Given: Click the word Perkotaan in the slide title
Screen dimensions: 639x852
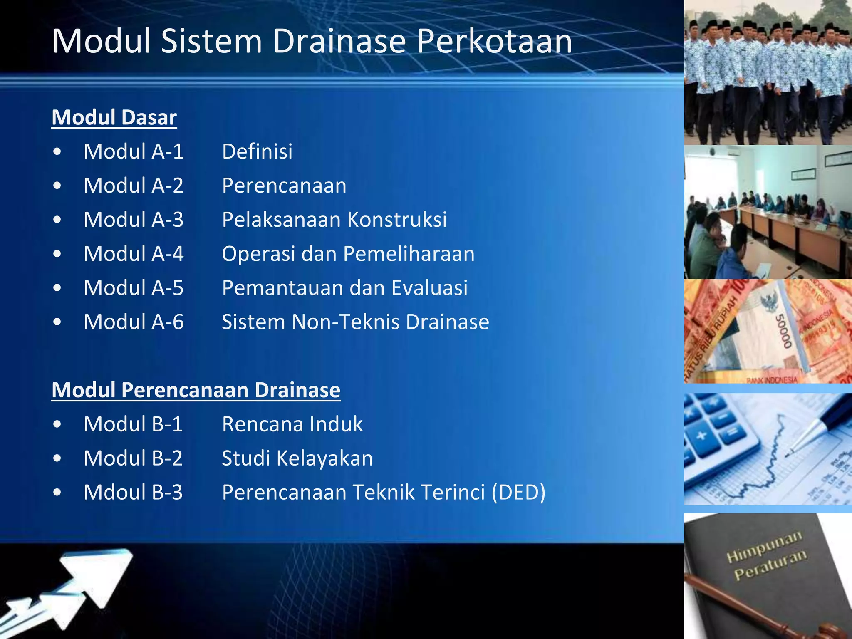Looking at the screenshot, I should point(494,42).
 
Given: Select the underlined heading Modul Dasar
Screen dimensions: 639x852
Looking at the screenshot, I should point(114,118).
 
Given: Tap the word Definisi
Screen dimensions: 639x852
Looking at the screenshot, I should point(257,151).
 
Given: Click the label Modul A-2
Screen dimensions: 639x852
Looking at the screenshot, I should point(134,186).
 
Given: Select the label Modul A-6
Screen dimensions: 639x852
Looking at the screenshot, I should point(134,322).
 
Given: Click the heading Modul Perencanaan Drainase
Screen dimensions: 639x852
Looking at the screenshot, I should point(196,390).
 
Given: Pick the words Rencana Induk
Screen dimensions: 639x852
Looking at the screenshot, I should point(292,424).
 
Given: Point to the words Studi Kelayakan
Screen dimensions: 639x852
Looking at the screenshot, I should point(297,458).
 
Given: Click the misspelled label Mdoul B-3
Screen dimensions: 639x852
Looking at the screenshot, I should point(133,493).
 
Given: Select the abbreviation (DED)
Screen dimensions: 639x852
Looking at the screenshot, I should point(518,493).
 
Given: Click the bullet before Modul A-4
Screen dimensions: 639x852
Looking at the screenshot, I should point(57,254).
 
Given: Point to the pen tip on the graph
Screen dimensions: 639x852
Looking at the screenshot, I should point(790,451).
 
